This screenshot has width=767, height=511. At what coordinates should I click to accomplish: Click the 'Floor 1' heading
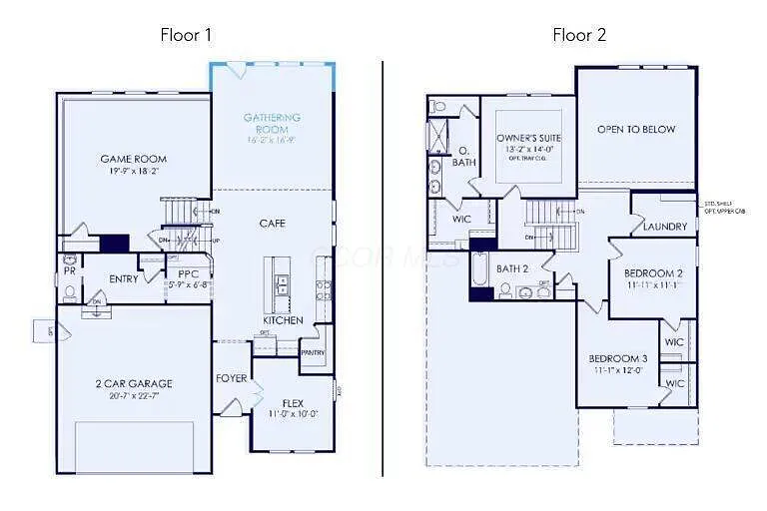[x=186, y=35]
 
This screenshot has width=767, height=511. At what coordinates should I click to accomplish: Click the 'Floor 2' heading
[x=579, y=35]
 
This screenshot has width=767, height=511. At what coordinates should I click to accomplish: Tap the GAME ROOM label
[x=133, y=159]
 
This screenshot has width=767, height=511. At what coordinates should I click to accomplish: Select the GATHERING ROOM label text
[x=272, y=123]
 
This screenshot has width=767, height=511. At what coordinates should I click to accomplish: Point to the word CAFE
[x=273, y=224]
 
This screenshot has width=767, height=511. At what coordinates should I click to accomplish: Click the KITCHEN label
[x=283, y=320]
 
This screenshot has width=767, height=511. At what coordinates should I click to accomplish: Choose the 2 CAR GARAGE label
[x=134, y=383]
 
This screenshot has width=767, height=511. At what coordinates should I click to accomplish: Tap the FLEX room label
[x=293, y=403]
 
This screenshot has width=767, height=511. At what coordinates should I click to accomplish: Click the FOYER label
[x=231, y=378]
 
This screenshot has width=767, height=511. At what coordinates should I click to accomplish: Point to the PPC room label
[x=188, y=273]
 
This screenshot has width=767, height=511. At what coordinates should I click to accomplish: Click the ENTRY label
[x=124, y=279]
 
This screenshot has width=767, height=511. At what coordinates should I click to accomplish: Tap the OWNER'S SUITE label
[x=528, y=139]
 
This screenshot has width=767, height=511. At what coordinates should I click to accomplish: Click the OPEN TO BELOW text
[x=636, y=130]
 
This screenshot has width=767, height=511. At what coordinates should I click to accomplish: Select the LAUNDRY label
[x=665, y=227]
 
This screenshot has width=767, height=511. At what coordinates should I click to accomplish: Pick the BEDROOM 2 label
[x=653, y=273]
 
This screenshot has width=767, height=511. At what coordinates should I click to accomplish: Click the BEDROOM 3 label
[x=617, y=359]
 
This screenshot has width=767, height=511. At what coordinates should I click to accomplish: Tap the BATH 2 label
[x=511, y=268]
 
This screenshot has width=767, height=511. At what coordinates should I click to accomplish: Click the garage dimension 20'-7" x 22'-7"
[x=134, y=395]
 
